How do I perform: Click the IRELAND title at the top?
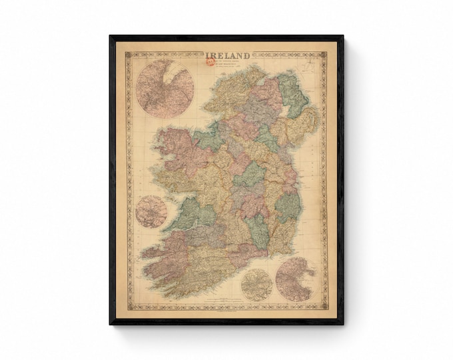coord(228,56)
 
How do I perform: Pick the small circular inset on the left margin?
coord(151,211)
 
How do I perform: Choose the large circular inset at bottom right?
coord(295,279)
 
